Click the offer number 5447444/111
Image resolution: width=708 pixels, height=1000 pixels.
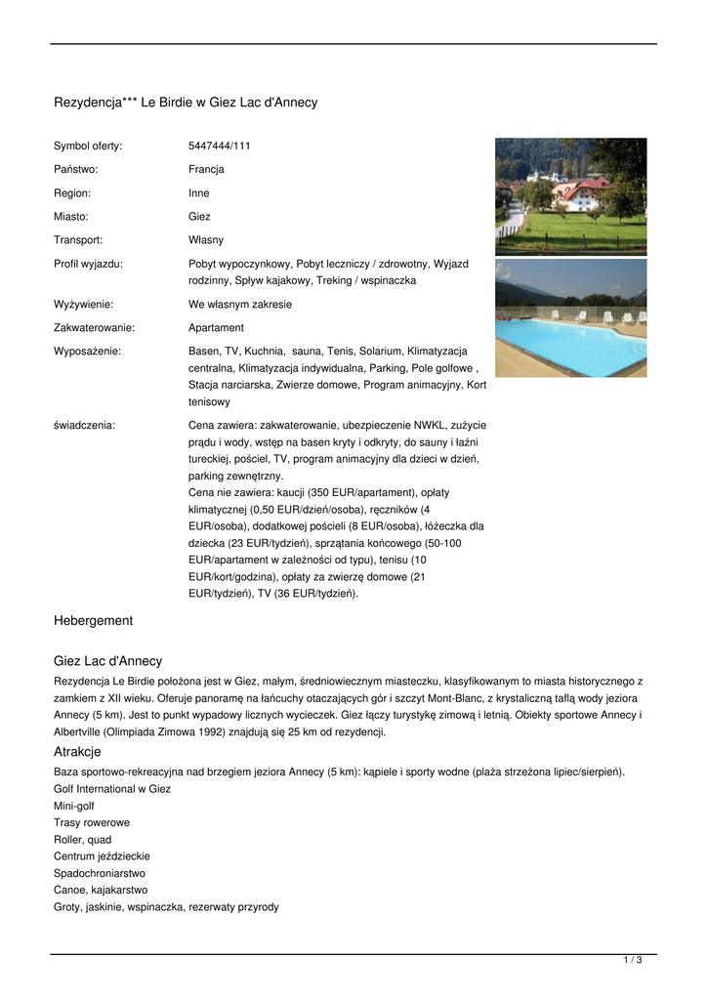(219, 146)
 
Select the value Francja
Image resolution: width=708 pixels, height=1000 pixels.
(206, 170)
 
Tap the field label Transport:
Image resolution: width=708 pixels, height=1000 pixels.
(78, 240)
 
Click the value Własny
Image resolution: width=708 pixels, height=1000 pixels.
(206, 240)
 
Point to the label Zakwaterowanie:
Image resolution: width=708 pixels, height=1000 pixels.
(94, 328)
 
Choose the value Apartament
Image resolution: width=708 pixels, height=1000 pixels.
(216, 328)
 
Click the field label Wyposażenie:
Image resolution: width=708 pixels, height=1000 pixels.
(87, 352)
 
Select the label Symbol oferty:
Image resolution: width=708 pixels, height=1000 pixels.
(88, 146)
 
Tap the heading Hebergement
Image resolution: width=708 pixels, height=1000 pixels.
(93, 621)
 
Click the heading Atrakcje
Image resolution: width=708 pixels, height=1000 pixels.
(78, 752)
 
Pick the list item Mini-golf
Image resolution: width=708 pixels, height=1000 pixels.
(74, 807)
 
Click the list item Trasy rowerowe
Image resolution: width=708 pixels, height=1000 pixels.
(92, 823)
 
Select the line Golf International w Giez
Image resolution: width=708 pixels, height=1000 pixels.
(112, 789)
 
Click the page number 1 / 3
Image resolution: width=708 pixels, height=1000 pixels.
(633, 961)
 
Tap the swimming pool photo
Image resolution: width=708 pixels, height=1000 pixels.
(570, 318)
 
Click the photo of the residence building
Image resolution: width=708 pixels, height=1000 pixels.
(570, 195)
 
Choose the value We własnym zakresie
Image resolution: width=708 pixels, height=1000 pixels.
(240, 305)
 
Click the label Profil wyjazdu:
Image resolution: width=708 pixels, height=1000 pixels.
(88, 264)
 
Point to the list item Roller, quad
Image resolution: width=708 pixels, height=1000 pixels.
(83, 840)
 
